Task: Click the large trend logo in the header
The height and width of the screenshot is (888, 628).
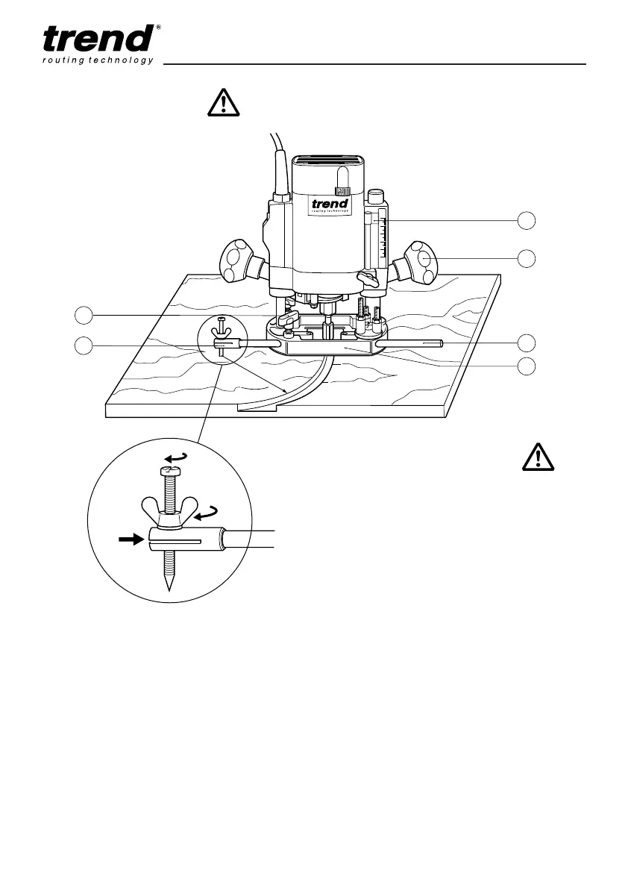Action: pyautogui.click(x=97, y=40)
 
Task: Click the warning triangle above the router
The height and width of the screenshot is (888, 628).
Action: pyautogui.click(x=223, y=102)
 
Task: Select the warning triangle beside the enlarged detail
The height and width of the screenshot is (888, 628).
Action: pyautogui.click(x=538, y=456)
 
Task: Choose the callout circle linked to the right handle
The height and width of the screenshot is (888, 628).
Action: pyautogui.click(x=527, y=258)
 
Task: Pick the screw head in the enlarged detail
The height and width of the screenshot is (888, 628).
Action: pyautogui.click(x=171, y=471)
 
